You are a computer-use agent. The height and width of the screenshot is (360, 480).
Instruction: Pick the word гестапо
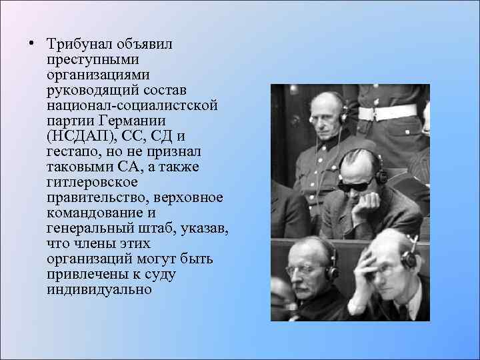(x=71, y=151)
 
